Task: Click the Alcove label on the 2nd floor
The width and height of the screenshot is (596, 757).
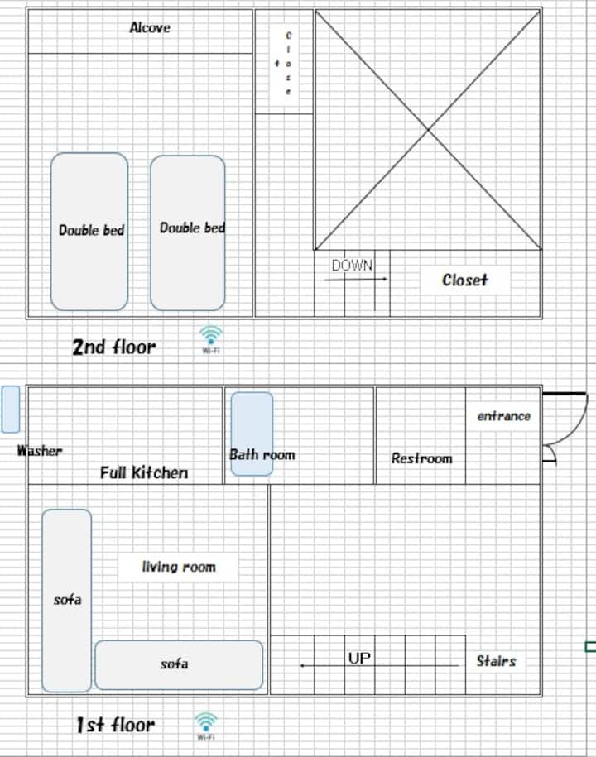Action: (150, 27)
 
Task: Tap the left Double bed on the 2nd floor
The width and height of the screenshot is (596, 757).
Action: (89, 232)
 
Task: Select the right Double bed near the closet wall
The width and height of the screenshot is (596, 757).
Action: (187, 232)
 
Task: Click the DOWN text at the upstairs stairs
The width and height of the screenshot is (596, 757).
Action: (352, 265)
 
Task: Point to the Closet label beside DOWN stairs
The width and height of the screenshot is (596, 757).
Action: (464, 280)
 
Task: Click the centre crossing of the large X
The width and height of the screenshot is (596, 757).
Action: (428, 130)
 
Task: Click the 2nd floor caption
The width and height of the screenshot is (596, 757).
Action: (114, 347)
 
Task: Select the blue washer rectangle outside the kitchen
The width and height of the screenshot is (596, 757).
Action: (11, 409)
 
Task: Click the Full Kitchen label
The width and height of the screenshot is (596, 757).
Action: (144, 472)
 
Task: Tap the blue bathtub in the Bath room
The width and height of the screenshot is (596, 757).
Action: (252, 434)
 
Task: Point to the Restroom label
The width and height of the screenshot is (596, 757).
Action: (421, 458)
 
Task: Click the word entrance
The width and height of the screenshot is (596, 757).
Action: (504, 416)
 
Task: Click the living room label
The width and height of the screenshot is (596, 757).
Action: (179, 566)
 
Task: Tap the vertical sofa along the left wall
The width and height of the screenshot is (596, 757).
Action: (67, 601)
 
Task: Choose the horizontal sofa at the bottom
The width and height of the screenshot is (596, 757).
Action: (179, 665)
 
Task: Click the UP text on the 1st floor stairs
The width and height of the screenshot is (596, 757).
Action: (359, 658)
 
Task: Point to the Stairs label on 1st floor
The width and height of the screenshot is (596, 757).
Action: (496, 660)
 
